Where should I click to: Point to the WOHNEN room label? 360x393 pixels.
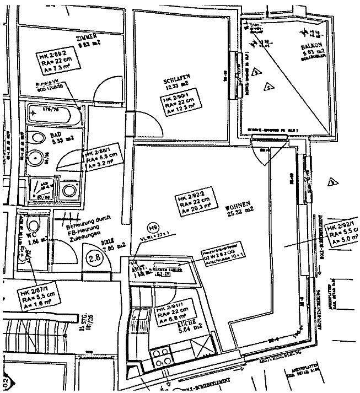click(x=240, y=202)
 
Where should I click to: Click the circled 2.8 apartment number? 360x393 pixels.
click(x=95, y=256)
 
